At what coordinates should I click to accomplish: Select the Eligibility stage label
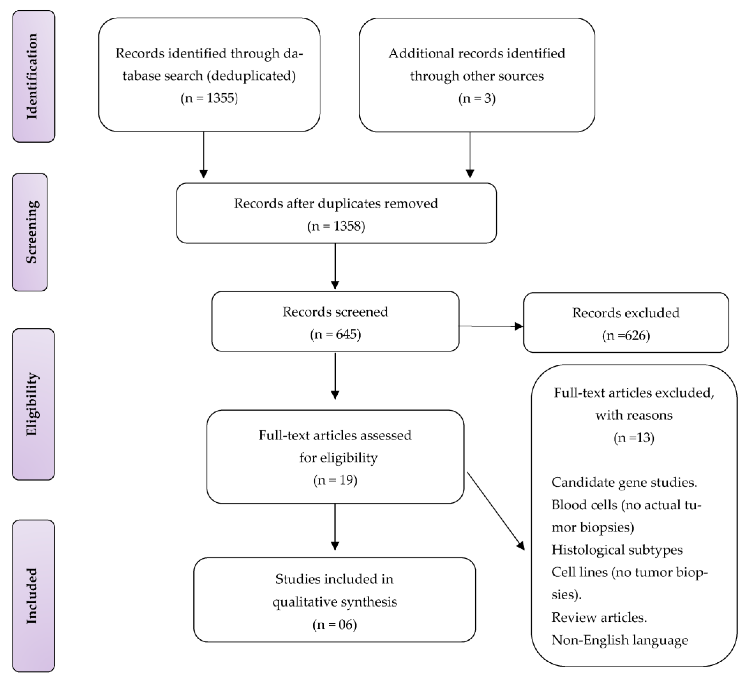33,404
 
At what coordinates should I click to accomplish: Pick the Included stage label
33,596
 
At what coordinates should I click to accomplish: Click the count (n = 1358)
336,226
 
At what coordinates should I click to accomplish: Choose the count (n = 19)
335,480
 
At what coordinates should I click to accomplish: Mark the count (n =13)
634,438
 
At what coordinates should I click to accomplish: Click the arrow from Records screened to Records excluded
490,326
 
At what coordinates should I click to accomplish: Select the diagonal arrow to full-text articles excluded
495,511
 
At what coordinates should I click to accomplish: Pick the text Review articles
599,617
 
